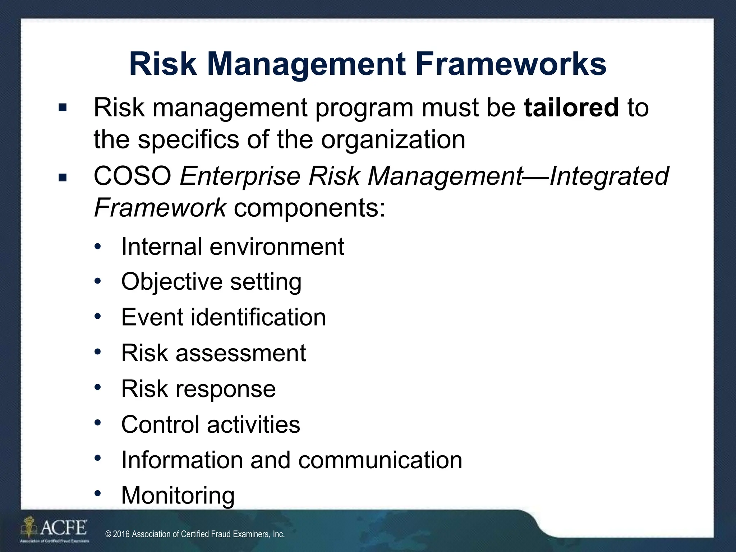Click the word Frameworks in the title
(x=510, y=65)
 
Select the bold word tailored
(x=571, y=107)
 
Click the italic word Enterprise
(x=240, y=177)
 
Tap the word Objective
(x=171, y=281)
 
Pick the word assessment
(x=241, y=353)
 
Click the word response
(x=225, y=389)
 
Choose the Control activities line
(x=211, y=424)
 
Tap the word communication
(x=380, y=460)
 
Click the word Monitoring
(x=178, y=495)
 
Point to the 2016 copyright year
(x=122, y=534)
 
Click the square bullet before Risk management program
(x=63, y=108)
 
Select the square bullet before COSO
(x=63, y=177)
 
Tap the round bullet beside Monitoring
(x=98, y=493)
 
